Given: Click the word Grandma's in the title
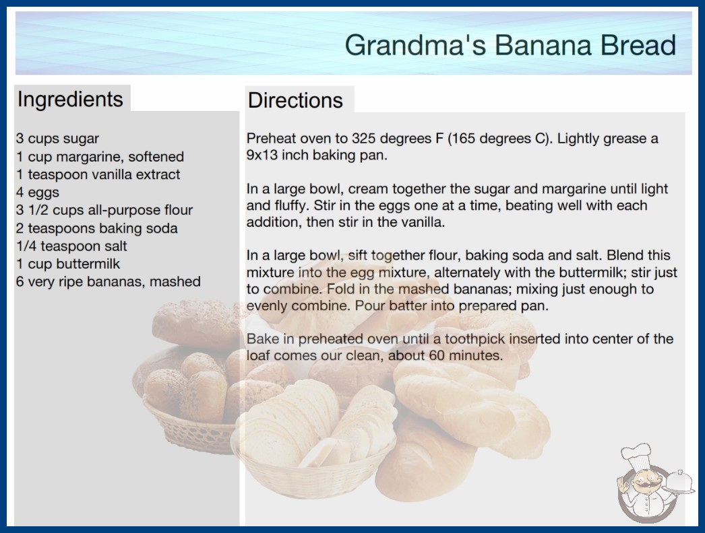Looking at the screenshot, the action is (x=415, y=45).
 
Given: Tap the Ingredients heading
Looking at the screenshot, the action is (x=70, y=100).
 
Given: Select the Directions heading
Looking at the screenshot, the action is (x=295, y=100).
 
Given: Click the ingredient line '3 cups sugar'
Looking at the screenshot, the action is (x=57, y=139).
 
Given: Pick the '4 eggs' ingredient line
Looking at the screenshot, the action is (x=38, y=192).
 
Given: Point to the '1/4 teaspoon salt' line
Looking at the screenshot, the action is (x=71, y=246).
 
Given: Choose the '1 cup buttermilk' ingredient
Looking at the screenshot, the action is (x=68, y=264).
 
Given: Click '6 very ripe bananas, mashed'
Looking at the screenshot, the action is (x=109, y=282).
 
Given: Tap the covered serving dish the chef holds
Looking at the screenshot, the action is (x=679, y=483).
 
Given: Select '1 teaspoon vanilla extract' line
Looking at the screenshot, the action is (x=98, y=175).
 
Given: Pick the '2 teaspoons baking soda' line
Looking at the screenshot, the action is (x=97, y=229).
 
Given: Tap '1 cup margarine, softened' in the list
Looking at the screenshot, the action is (x=100, y=157).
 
